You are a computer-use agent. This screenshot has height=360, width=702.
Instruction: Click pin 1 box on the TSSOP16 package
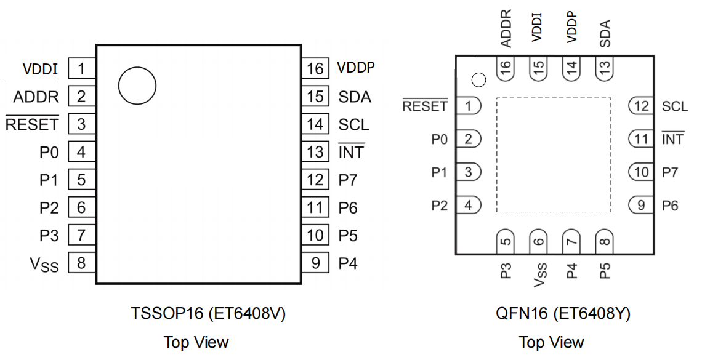point(81,68)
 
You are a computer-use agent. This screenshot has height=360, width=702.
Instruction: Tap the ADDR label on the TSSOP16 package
point(36,97)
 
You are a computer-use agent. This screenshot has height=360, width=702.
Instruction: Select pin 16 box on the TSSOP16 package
point(315,68)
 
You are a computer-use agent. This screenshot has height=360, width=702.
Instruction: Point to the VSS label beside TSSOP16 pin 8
point(44,265)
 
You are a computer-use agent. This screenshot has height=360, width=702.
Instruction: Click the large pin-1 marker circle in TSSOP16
point(137,86)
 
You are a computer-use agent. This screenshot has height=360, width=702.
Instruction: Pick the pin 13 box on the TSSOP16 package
point(315,152)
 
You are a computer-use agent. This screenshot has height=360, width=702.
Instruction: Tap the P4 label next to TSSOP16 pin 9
point(348,263)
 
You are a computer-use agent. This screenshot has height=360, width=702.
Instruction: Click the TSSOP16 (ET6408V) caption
point(208,314)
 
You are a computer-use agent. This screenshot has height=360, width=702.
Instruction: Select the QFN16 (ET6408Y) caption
point(563,314)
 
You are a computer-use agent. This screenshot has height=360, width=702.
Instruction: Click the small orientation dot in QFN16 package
point(478,79)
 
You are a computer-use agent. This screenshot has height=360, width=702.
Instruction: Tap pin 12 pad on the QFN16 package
point(641,106)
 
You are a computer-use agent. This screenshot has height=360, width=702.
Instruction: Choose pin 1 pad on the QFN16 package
point(468,106)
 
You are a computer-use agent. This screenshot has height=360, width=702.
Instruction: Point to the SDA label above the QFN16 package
point(605,34)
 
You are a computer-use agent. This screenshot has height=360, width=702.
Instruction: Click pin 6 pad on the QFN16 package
point(539,241)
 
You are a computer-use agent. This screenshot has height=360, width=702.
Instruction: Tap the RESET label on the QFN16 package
point(425,106)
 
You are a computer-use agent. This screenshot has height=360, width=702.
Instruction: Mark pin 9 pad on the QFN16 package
point(641,205)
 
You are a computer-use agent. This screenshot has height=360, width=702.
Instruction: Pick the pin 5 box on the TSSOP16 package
point(81,180)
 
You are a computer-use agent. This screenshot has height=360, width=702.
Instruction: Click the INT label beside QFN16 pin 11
point(672,140)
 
